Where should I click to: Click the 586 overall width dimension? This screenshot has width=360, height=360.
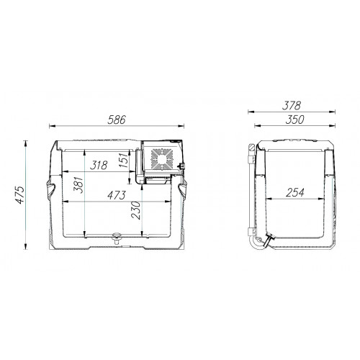pyautogui.click(x=117, y=120)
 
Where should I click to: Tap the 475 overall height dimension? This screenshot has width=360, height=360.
pyautogui.click(x=20, y=194)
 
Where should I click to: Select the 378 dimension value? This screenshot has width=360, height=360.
pyautogui.click(x=292, y=106)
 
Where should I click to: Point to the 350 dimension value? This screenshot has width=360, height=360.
pyautogui.click(x=294, y=120)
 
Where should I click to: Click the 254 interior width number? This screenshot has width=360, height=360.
pyautogui.click(x=295, y=192)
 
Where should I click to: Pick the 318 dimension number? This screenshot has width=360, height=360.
pyautogui.click(x=99, y=165)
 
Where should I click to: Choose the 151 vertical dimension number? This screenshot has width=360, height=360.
pyautogui.click(x=124, y=160)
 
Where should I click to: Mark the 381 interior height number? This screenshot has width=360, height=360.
pyautogui.click(x=78, y=185)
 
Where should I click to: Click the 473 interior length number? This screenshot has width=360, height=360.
pyautogui.click(x=117, y=195)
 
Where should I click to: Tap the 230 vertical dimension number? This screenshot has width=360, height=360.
pyautogui.click(x=136, y=210)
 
